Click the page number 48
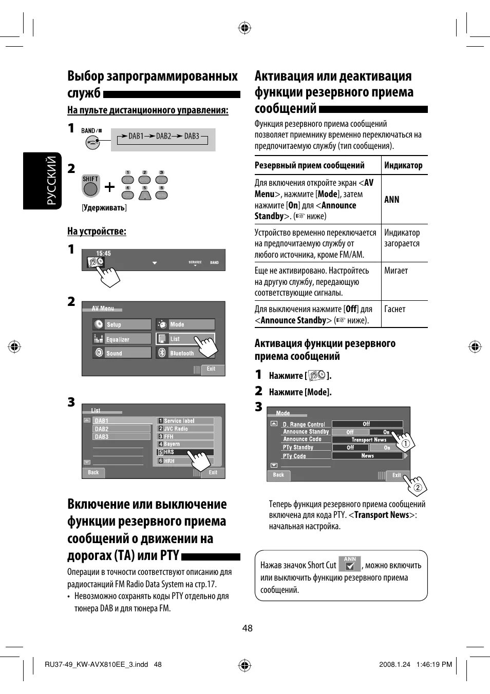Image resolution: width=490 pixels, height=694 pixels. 247,628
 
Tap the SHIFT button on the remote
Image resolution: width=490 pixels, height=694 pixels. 90,187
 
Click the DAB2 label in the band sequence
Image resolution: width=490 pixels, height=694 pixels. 163,136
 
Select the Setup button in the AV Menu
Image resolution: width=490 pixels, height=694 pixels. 122,324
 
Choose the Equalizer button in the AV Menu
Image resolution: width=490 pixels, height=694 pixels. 122,339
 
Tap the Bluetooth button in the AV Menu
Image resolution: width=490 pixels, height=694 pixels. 185,353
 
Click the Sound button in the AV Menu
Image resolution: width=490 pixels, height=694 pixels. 122,353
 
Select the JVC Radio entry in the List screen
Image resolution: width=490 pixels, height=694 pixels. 185,429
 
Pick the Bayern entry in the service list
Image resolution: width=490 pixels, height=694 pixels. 185,444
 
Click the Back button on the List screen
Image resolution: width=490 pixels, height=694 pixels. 93,473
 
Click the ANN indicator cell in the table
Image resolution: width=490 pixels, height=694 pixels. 392,200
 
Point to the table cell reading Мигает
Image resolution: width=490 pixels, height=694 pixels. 396,271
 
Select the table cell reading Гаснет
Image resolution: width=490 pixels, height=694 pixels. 394,309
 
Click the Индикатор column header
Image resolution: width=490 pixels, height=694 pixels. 403,165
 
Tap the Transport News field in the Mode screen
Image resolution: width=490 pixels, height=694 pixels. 368,440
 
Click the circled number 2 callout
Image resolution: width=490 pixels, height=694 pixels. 418,488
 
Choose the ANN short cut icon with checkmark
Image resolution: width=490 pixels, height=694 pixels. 350,564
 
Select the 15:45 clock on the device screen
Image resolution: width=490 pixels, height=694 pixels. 103,254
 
